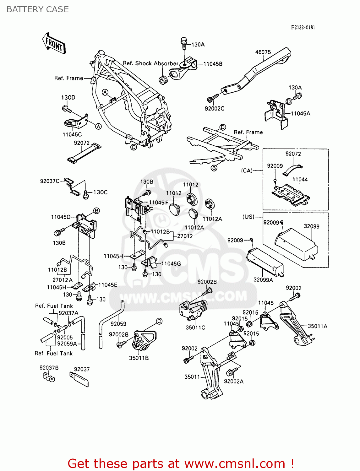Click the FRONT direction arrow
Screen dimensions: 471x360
pyautogui.click(x=54, y=44)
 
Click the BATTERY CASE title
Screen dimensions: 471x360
pyautogui.click(x=38, y=9)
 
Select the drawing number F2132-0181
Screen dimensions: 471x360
pyautogui.click(x=303, y=27)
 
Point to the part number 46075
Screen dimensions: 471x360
pyautogui.click(x=263, y=52)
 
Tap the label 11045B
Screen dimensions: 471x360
pyautogui.click(x=213, y=64)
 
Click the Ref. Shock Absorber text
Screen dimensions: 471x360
pyautogui.click(x=150, y=63)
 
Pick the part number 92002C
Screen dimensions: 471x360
pyautogui.click(x=215, y=109)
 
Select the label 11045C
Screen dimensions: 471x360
pyautogui.click(x=72, y=134)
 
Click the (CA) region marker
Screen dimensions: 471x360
pyautogui.click(x=247, y=171)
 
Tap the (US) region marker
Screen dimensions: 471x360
pyautogui.click(x=248, y=217)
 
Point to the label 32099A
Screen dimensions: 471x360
pyautogui.click(x=263, y=280)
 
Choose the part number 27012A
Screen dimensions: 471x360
pyautogui.click(x=62, y=280)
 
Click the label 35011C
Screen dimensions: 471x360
pyautogui.click(x=195, y=328)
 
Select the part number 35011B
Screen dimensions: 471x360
pyautogui.click(x=139, y=358)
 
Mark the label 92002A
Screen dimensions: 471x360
pyautogui.click(x=234, y=382)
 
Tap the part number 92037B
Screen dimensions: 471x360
pyautogui.click(x=49, y=368)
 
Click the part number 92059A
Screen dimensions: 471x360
pyautogui.click(x=67, y=344)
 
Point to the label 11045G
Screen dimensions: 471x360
pyautogui.click(x=171, y=263)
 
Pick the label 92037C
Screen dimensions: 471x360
pyautogui.click(x=50, y=181)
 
